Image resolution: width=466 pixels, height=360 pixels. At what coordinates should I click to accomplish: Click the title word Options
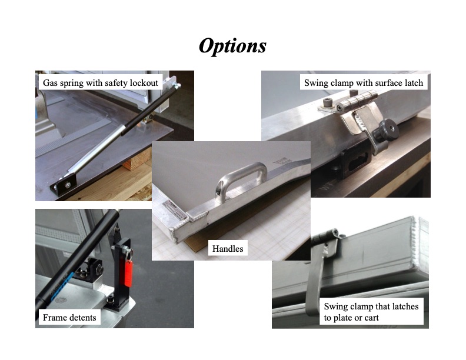(x=232, y=46)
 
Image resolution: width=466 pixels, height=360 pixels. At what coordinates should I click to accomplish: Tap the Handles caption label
(x=228, y=249)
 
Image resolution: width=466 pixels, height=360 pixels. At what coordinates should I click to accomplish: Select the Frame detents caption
(x=69, y=318)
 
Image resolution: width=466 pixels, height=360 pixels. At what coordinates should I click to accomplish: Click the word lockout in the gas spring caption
(x=144, y=82)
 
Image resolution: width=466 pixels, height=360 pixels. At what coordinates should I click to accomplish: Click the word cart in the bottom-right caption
(x=371, y=318)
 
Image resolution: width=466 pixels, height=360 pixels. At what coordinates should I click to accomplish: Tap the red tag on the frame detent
(x=128, y=274)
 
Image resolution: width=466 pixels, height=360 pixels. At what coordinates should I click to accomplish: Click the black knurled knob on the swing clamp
(x=386, y=131)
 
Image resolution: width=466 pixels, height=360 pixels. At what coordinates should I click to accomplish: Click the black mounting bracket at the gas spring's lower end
(x=64, y=186)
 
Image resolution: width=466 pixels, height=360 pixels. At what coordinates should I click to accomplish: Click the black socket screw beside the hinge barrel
(x=328, y=102)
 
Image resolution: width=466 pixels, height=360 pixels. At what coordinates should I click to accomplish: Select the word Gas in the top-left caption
(x=50, y=82)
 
